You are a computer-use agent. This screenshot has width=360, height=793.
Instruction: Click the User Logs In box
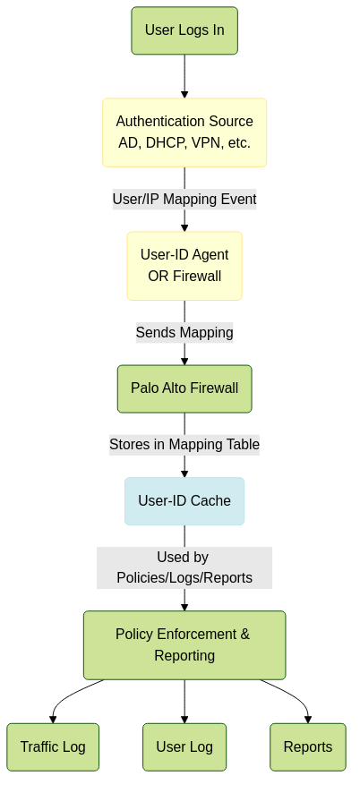(x=184, y=30)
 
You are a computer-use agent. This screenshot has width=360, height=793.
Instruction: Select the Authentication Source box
(x=184, y=132)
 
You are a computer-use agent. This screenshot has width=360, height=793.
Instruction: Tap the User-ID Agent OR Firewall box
(x=184, y=266)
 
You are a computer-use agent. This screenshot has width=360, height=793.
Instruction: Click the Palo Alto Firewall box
(x=184, y=389)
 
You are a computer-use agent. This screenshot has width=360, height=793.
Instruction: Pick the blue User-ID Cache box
(x=184, y=501)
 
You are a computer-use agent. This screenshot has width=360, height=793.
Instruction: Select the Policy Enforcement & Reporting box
(x=184, y=644)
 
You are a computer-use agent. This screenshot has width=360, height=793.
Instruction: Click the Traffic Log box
(x=53, y=747)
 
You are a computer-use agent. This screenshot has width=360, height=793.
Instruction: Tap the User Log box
(x=184, y=747)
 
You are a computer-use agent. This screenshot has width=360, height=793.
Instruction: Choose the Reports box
(x=308, y=747)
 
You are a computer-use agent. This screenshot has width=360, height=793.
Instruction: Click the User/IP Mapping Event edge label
(x=184, y=200)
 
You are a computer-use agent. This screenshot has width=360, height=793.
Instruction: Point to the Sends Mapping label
(x=184, y=333)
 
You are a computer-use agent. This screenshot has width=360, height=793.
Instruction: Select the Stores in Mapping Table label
(x=184, y=445)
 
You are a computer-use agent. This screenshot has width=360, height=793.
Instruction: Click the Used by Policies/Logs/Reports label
(x=184, y=567)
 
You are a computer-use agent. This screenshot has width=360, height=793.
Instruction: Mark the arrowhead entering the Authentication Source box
(x=184, y=95)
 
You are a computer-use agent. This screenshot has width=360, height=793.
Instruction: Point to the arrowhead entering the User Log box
(x=184, y=720)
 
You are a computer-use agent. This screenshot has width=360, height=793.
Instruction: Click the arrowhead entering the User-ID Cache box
(x=184, y=473)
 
